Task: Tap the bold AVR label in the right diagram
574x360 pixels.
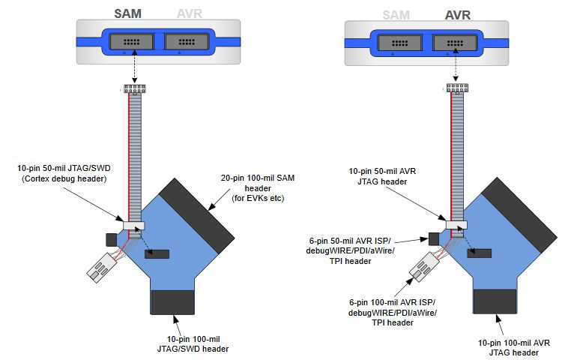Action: pos(457,14)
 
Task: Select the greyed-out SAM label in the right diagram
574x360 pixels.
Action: pos(396,14)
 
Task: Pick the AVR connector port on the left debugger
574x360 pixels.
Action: pos(188,42)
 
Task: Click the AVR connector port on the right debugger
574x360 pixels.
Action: pos(457,42)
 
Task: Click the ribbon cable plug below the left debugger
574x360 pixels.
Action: pos(134,89)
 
